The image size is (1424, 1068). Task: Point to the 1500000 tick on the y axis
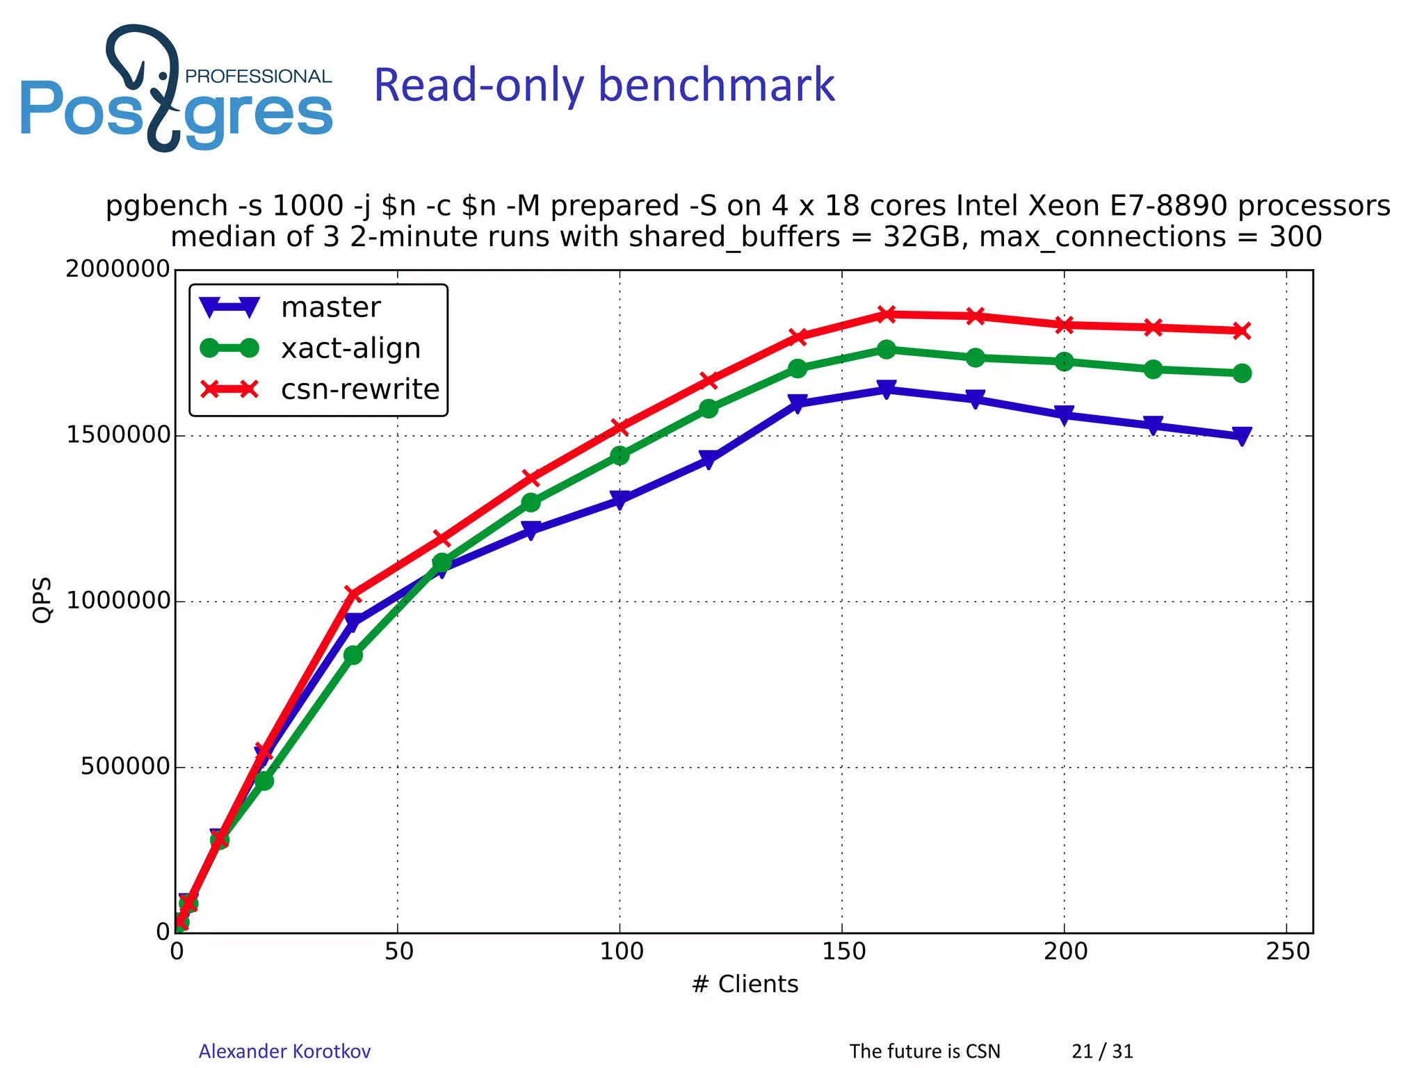(118, 435)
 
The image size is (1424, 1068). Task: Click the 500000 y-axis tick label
(125, 767)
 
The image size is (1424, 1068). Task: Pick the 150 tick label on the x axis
(843, 951)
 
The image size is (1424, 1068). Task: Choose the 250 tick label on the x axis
(1287, 951)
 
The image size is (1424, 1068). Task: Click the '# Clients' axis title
(745, 985)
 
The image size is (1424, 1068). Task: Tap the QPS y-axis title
(42, 600)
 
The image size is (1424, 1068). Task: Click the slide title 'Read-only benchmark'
(604, 85)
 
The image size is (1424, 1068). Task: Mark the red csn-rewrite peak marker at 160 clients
(887, 314)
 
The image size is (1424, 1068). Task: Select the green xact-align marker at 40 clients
(353, 655)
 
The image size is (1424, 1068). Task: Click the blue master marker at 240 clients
(1242, 435)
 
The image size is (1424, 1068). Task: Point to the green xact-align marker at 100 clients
(620, 455)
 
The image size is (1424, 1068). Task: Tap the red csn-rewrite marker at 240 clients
(1242, 330)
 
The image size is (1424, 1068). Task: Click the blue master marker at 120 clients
(709, 459)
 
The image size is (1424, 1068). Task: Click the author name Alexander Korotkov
(284, 1051)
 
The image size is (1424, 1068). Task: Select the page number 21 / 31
(1102, 1051)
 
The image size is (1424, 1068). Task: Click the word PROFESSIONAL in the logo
(258, 76)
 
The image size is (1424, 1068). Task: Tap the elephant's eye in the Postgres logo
(163, 75)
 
